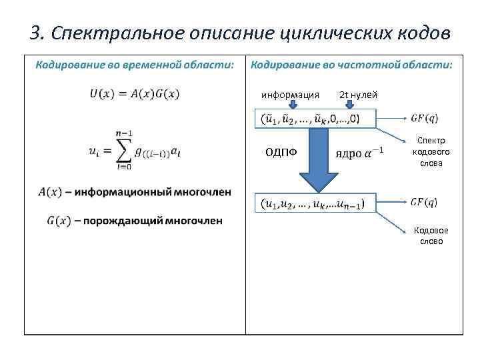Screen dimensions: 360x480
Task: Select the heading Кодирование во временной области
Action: point(135,65)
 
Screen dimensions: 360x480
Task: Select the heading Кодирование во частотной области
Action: point(351,65)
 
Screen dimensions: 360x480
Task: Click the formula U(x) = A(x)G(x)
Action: point(135,94)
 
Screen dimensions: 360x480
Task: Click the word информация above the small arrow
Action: point(289,95)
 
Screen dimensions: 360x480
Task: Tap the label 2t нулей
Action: point(359,95)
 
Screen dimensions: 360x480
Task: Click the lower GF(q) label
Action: point(424,201)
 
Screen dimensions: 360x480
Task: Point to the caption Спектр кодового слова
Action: point(431,152)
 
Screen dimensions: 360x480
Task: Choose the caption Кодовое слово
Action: point(431,236)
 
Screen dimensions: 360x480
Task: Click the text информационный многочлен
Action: point(153,192)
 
